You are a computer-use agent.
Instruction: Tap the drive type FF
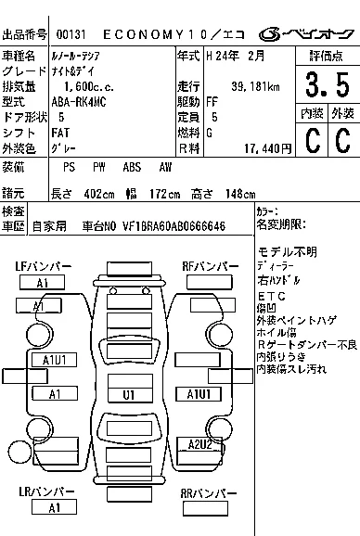tap(213, 102)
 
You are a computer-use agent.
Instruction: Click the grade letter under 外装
tap(341, 141)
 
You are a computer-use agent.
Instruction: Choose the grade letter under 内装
tap(311, 141)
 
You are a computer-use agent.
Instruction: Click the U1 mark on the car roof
tap(129, 394)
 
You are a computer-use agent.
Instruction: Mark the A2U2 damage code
tap(201, 444)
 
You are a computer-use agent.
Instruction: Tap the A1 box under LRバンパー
tap(55, 507)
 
